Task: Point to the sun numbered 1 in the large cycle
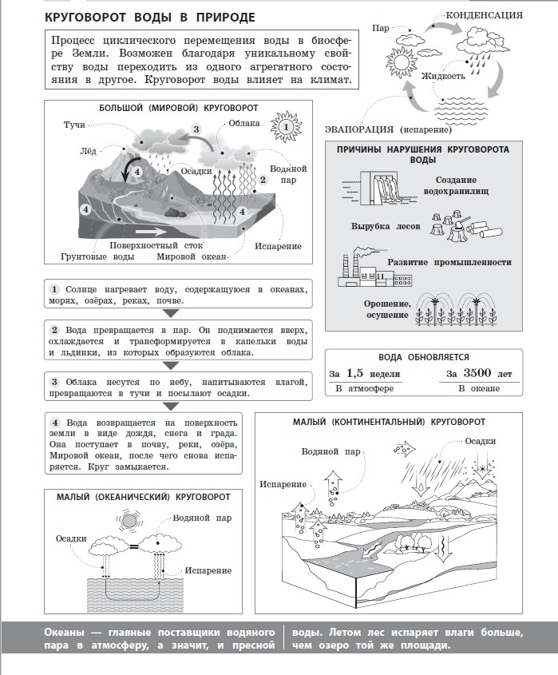(x=284, y=125)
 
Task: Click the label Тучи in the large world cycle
(x=74, y=125)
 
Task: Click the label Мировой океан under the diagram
(x=191, y=256)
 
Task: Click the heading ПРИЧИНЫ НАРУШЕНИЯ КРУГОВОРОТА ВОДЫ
(x=422, y=154)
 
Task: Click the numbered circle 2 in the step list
(x=55, y=331)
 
